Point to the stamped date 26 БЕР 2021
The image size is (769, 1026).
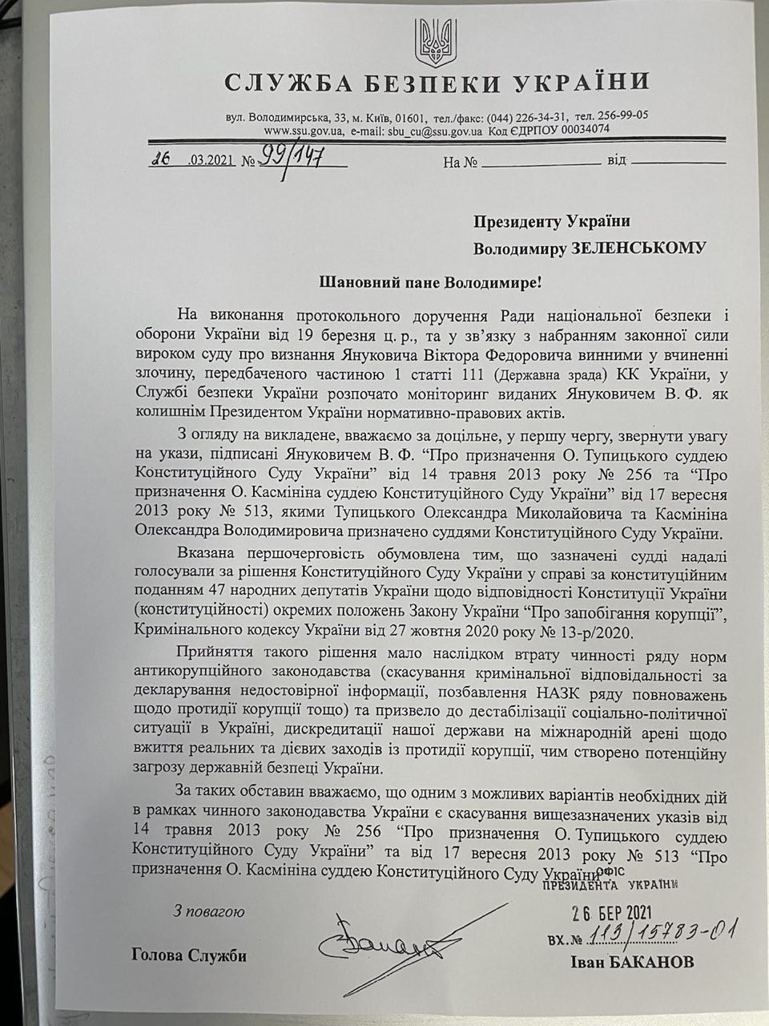(606, 914)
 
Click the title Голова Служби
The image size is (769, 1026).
(188, 955)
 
